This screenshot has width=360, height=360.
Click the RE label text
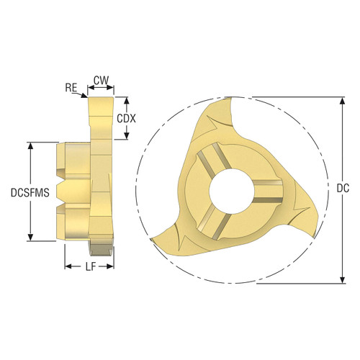(x=71, y=87)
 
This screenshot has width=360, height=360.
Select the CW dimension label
(x=101, y=81)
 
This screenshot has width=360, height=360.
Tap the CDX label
(x=127, y=118)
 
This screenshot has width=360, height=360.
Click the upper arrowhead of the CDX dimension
(x=127, y=100)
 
